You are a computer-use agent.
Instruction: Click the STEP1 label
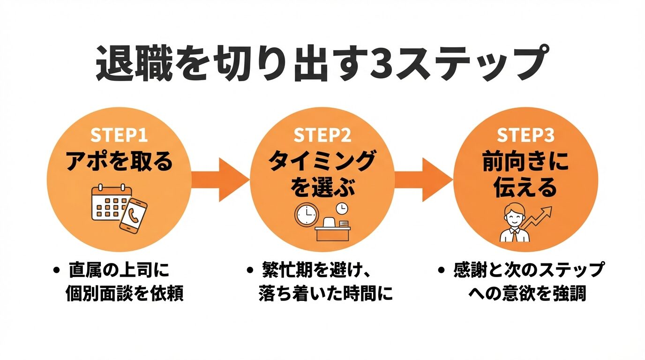pyautogui.click(x=119, y=135)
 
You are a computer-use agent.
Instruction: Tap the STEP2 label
pyautogui.click(x=322, y=135)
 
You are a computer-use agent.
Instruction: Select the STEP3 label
pyautogui.click(x=525, y=135)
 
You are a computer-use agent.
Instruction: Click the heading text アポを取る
pyautogui.click(x=119, y=162)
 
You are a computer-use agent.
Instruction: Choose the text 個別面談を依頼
pyautogui.click(x=124, y=294)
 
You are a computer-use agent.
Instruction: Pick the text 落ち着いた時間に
pyautogui.click(x=325, y=294)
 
